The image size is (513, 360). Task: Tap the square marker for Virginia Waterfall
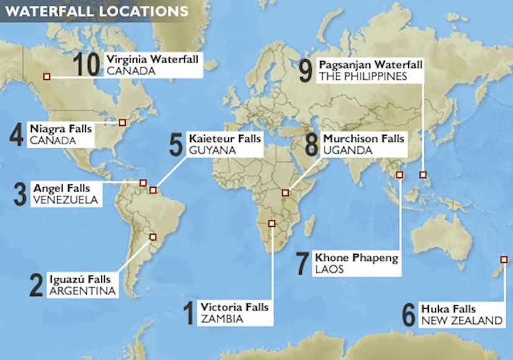46,76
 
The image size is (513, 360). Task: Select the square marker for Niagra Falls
122,122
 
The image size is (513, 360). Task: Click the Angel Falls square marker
142,182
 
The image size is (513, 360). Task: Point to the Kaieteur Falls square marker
153,190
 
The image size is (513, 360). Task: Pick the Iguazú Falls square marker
153,237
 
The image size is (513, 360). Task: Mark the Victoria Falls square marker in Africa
271,223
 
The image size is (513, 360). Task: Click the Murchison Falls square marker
285,193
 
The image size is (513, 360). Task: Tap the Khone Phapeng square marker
399,175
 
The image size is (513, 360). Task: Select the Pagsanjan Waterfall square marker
423,175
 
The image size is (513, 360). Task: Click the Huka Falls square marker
504,259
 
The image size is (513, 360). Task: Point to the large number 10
87,64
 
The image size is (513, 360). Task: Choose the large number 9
305,71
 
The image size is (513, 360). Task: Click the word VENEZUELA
65,200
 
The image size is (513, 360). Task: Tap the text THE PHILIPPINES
363,77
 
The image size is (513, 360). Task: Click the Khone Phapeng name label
356,258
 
